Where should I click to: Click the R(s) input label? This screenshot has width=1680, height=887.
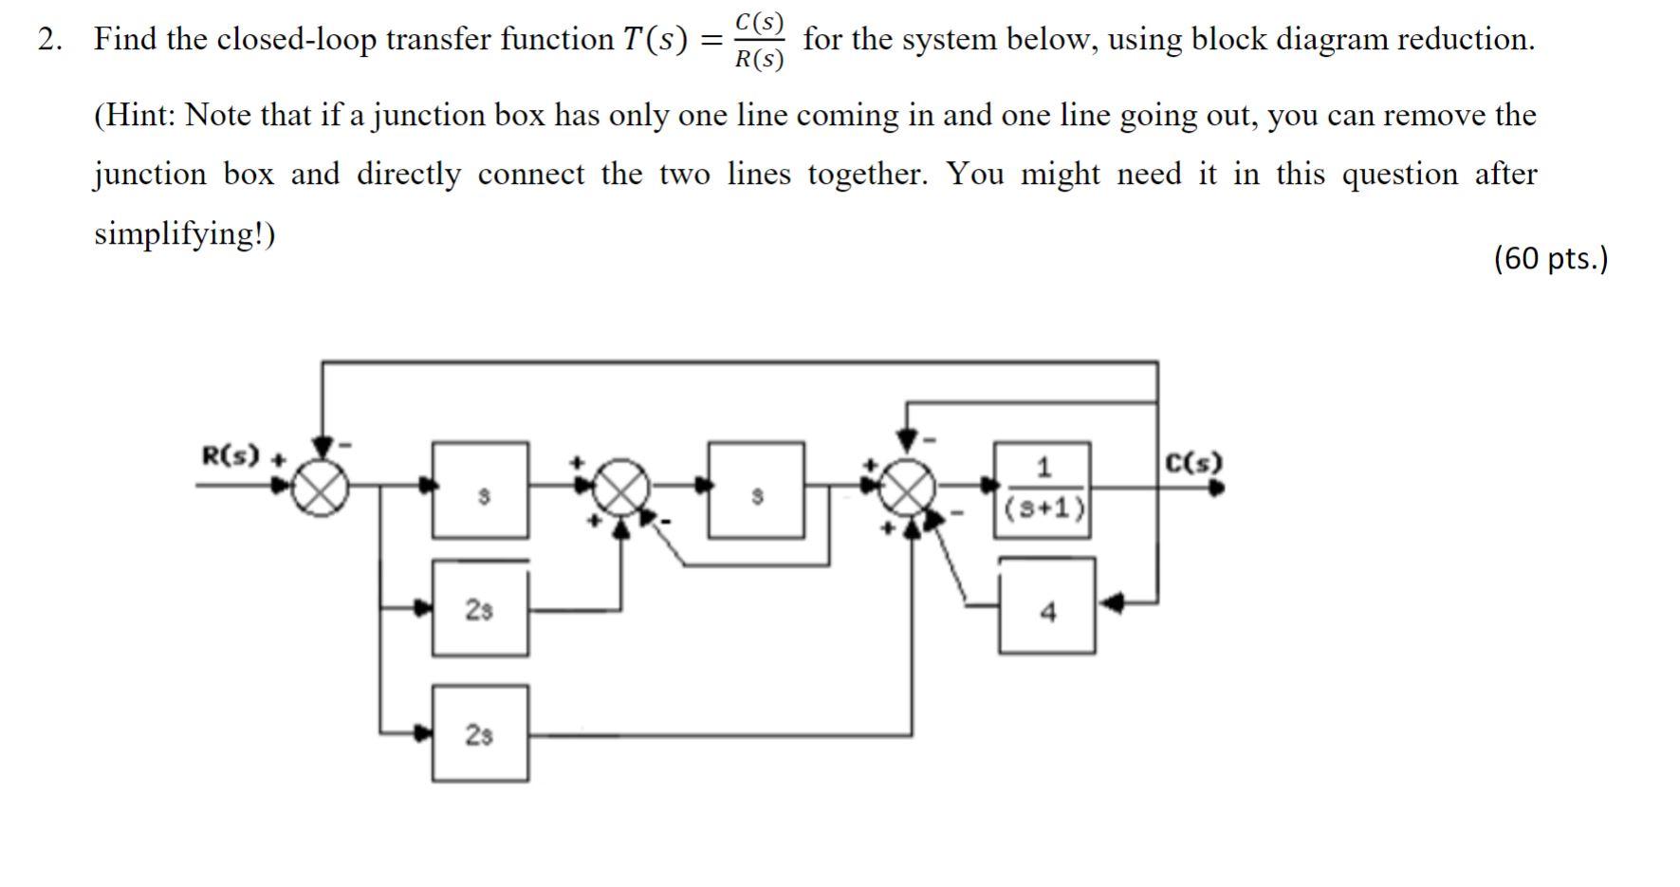(x=230, y=456)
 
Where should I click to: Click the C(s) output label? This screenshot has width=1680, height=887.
(x=1193, y=463)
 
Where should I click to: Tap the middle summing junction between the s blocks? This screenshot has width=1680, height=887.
(x=621, y=490)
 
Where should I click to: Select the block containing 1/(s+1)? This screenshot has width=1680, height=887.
(x=1042, y=490)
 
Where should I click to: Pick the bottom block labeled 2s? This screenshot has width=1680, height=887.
(x=480, y=733)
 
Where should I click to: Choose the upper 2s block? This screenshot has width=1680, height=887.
(x=480, y=608)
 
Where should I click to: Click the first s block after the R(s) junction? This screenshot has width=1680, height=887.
(x=481, y=490)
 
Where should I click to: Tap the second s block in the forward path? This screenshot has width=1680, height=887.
(x=756, y=490)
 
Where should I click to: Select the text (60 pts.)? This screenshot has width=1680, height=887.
(x=1550, y=258)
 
